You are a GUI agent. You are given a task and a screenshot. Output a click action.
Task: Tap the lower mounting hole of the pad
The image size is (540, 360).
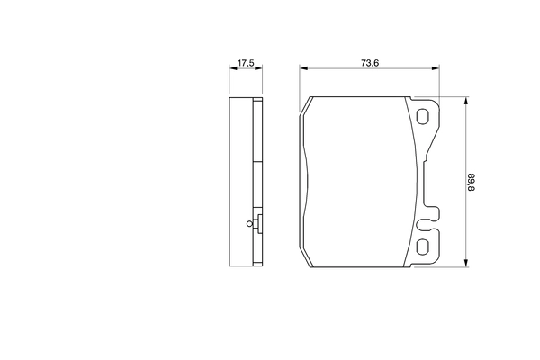coord(423,247)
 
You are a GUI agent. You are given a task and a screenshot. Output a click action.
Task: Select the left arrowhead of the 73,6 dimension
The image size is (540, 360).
coord(303,69)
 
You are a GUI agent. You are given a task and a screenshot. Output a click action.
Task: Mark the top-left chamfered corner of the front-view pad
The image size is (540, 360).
coord(306,102)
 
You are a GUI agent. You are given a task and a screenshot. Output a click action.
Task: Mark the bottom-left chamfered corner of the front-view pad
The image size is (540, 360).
coord(306,260)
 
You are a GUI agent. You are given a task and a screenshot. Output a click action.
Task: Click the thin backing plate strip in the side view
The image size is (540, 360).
coord(261,180)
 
